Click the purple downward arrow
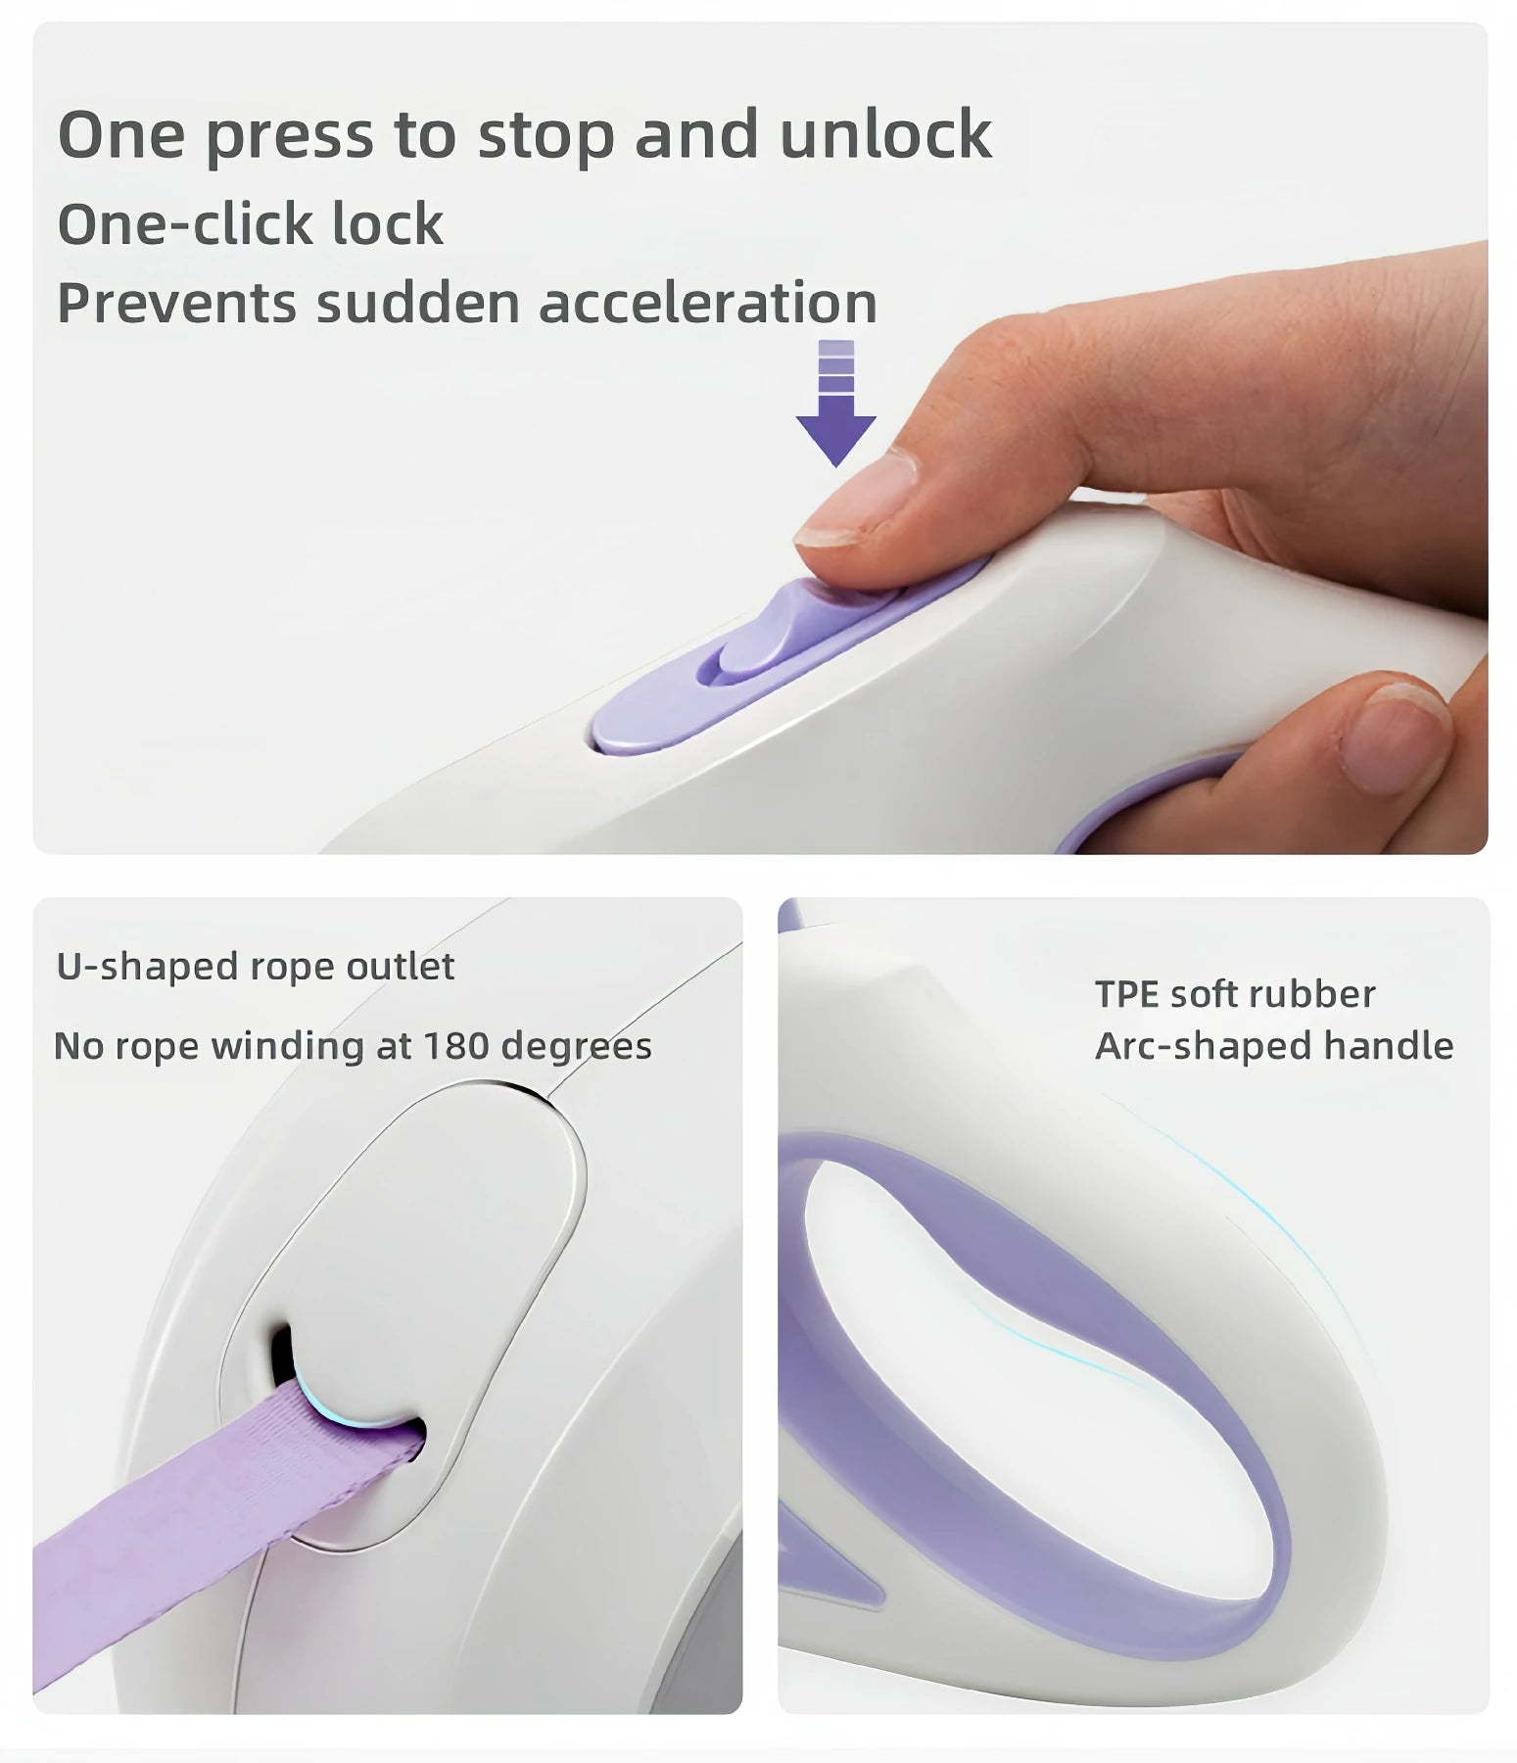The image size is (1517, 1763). (x=835, y=403)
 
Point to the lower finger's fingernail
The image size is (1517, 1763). (x=1397, y=736)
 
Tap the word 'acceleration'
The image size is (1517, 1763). (x=708, y=303)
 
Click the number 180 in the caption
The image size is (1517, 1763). (x=455, y=1046)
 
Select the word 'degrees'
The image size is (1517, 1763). (x=576, y=1048)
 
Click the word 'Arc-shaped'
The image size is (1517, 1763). (x=1203, y=1047)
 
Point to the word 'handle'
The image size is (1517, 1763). (x=1389, y=1045)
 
